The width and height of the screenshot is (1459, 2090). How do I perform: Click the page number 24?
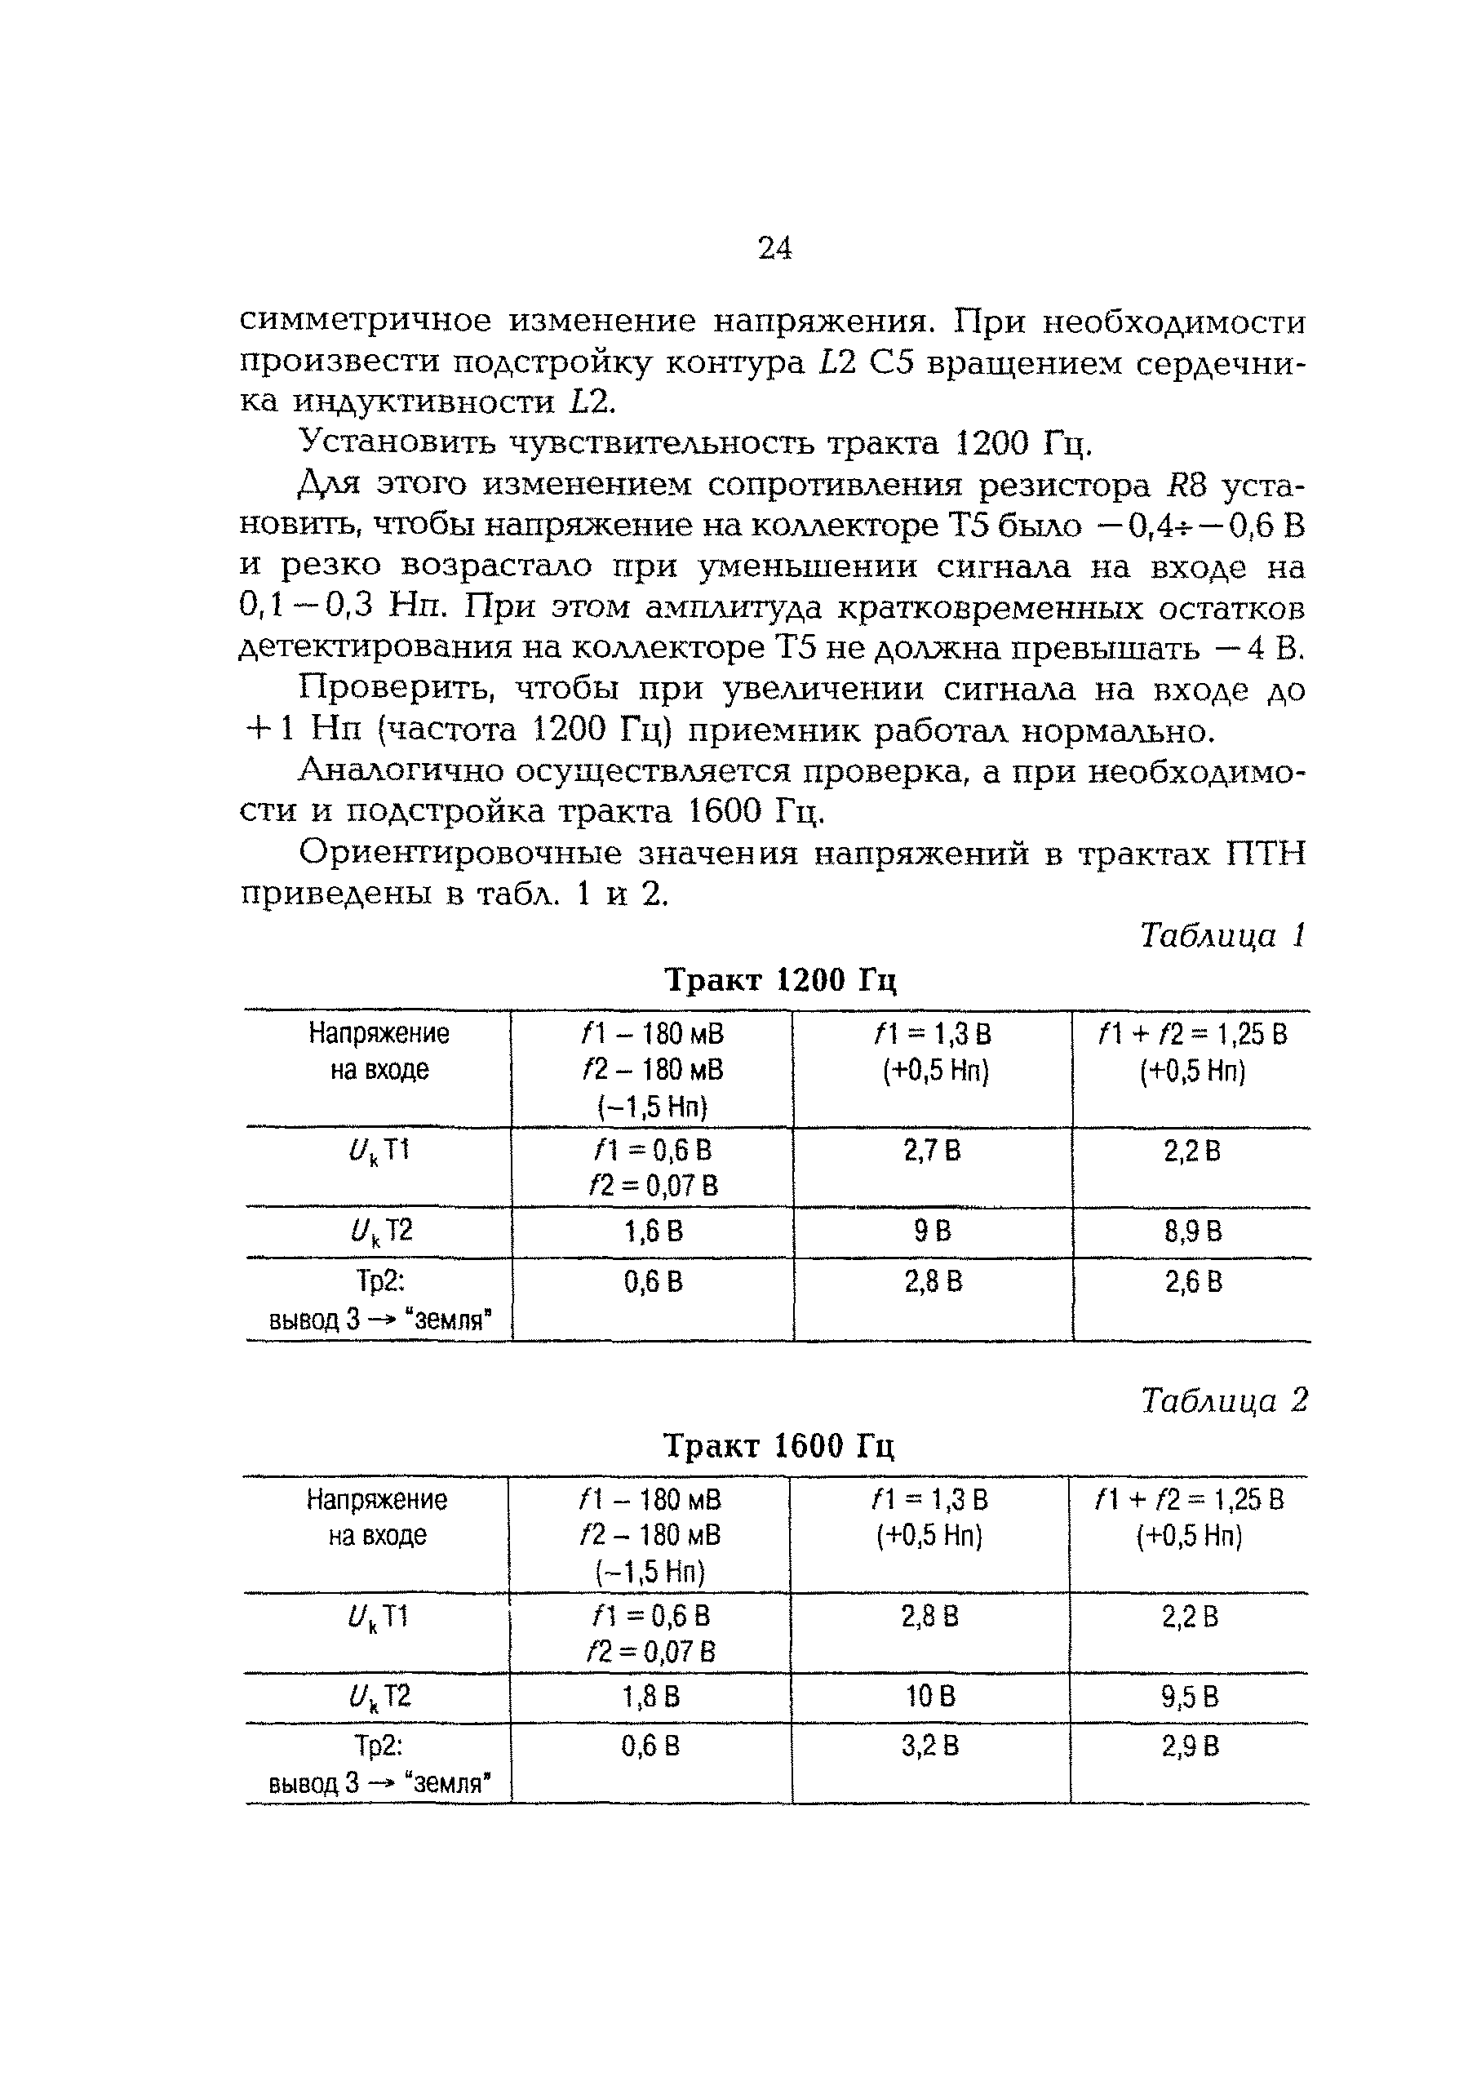[x=774, y=247]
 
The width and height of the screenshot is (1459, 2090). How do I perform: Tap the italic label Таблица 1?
[x=1222, y=935]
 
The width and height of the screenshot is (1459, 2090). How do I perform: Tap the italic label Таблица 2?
[x=1223, y=1400]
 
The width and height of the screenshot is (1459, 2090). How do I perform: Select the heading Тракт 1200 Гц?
[x=781, y=980]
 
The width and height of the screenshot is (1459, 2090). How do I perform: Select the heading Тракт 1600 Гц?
[x=779, y=1445]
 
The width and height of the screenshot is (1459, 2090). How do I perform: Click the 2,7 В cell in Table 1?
[x=931, y=1151]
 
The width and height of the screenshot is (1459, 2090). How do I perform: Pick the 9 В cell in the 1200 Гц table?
[x=932, y=1231]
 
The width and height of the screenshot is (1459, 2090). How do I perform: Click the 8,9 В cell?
[x=1192, y=1231]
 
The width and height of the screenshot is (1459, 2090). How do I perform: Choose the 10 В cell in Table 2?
[x=929, y=1697]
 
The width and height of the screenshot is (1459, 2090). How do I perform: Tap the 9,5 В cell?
[x=1189, y=1697]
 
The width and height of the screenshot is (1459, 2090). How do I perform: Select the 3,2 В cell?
[x=929, y=1746]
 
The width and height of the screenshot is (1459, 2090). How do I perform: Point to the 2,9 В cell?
[x=1189, y=1746]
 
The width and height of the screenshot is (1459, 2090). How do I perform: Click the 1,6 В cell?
[x=653, y=1231]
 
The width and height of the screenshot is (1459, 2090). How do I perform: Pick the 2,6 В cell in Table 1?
[x=1192, y=1282]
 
